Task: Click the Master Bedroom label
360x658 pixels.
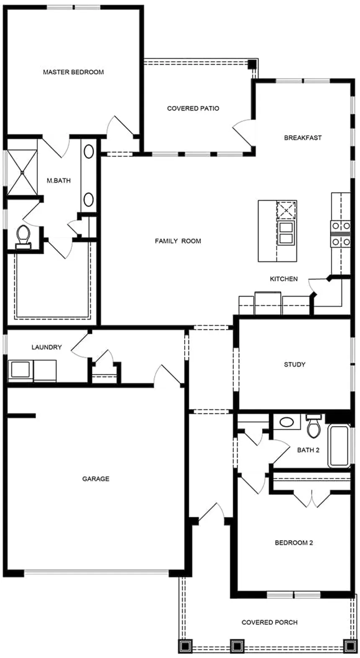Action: (x=73, y=72)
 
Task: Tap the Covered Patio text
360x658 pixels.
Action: (x=193, y=108)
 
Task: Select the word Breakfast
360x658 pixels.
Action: (x=303, y=137)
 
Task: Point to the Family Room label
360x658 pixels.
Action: (x=178, y=241)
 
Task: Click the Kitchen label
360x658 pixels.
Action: (x=284, y=279)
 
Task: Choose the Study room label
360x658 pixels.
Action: (x=295, y=364)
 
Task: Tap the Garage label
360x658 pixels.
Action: (x=96, y=479)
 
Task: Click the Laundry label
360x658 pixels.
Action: (x=47, y=347)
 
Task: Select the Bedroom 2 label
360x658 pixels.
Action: (x=293, y=542)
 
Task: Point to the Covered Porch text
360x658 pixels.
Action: (x=270, y=622)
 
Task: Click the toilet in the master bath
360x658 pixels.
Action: (x=23, y=237)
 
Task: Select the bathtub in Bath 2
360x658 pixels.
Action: (x=339, y=446)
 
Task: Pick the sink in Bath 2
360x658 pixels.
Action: (x=287, y=423)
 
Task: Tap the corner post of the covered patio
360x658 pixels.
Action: (x=252, y=64)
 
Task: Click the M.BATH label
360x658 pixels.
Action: (x=59, y=181)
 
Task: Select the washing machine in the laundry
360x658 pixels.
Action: (x=20, y=370)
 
